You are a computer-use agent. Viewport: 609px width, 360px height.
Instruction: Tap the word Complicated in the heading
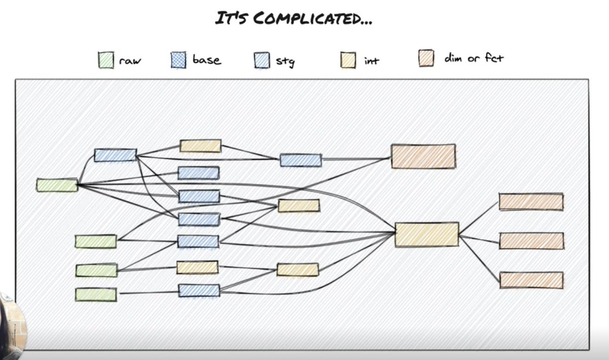pyautogui.click(x=308, y=18)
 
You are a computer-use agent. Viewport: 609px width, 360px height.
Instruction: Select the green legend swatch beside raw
pyautogui.click(x=106, y=60)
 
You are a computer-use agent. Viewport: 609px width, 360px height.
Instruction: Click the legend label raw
pyautogui.click(x=130, y=60)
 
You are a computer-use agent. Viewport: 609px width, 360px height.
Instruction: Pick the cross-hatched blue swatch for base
pyautogui.click(x=179, y=60)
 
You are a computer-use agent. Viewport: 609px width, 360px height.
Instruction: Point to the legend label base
pyautogui.click(x=207, y=59)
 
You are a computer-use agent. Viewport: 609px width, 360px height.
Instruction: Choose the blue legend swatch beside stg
pyautogui.click(x=262, y=60)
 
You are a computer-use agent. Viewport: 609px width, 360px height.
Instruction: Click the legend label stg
pyautogui.click(x=285, y=61)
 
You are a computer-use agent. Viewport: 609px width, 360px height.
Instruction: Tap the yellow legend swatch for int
pyautogui.click(x=348, y=60)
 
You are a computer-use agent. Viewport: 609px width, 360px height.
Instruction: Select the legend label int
pyautogui.click(x=371, y=61)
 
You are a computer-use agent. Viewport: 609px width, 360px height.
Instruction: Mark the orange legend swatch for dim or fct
pyautogui.click(x=426, y=58)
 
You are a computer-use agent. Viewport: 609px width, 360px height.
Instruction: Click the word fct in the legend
pyautogui.click(x=494, y=58)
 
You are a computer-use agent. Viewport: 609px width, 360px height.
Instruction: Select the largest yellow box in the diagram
pyautogui.click(x=427, y=235)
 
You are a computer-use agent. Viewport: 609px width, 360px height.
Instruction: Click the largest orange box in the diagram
pyautogui.click(x=424, y=156)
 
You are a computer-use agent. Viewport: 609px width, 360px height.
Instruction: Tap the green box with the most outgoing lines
pyautogui.click(x=57, y=185)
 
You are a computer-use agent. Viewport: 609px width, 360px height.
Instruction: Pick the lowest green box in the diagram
pyautogui.click(x=96, y=294)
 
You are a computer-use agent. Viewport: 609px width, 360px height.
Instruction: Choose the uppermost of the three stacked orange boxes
pyautogui.click(x=531, y=202)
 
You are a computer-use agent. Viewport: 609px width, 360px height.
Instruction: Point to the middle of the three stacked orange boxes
pyautogui.click(x=532, y=241)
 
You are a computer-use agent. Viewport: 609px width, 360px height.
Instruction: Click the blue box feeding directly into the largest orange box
pyautogui.click(x=300, y=160)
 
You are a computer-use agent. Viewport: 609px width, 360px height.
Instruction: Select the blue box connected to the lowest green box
pyautogui.click(x=199, y=290)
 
